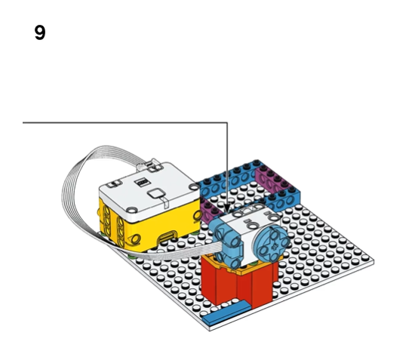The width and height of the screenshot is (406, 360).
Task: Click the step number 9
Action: pos(40,32)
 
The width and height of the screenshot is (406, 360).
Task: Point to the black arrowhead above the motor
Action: pos(227,208)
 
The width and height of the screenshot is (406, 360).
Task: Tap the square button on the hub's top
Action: pos(156,193)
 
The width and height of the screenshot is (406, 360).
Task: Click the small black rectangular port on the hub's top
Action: pos(142,183)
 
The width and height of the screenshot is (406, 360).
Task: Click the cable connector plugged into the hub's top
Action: pos(149,165)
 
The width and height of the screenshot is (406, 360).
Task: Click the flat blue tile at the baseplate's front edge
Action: pos(226,313)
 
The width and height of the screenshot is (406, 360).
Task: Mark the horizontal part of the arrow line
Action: pos(125,122)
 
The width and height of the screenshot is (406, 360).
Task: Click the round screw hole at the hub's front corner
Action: pos(132,209)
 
